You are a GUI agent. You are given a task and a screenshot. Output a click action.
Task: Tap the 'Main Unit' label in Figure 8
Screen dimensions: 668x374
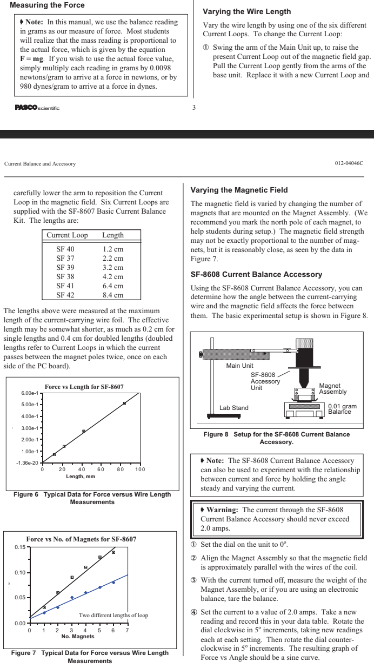(238, 366)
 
